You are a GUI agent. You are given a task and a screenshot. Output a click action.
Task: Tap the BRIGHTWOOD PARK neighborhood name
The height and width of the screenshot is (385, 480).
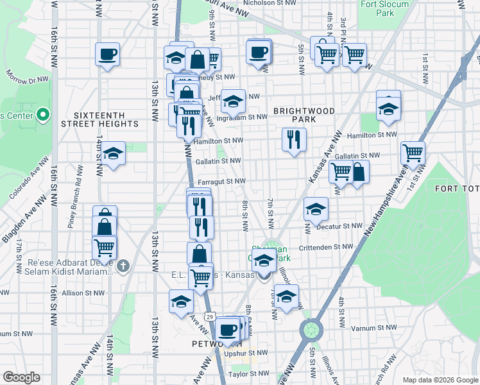click(x=304, y=115)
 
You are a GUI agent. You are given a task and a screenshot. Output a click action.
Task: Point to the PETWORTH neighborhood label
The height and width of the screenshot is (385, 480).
click(x=210, y=344)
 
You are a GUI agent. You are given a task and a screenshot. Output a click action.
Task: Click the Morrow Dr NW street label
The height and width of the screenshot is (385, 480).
click(x=28, y=80)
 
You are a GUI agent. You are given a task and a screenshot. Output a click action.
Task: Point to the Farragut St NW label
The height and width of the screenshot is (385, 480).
click(x=222, y=182)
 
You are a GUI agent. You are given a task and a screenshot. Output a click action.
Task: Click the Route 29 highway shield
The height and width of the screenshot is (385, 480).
click(x=209, y=316)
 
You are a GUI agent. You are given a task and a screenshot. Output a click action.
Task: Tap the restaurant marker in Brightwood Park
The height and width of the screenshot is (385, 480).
click(x=294, y=139)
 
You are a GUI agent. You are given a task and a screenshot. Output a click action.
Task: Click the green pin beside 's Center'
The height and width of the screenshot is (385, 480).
click(x=44, y=116)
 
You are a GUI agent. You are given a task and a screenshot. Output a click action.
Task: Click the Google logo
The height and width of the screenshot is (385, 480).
click(x=21, y=377)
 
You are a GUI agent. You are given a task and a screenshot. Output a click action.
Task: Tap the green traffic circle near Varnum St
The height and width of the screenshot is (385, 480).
click(x=310, y=330)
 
